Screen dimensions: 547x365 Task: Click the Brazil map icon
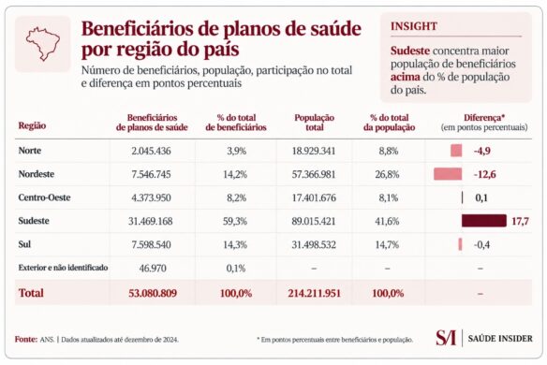pyautogui.click(x=42, y=44)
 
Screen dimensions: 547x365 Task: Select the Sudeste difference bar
pyautogui.click(x=484, y=221)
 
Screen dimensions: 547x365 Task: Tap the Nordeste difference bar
pyautogui.click(x=448, y=174)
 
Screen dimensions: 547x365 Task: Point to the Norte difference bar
pyautogui.click(x=456, y=151)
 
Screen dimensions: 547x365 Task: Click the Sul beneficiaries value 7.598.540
pyautogui.click(x=151, y=244)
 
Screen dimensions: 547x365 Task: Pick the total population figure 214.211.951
pyautogui.click(x=314, y=293)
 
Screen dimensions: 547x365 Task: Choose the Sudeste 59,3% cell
pyautogui.click(x=235, y=221)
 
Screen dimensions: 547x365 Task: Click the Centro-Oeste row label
pyautogui.click(x=44, y=197)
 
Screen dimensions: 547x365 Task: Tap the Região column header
pyautogui.click(x=32, y=125)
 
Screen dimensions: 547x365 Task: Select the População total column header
pyautogui.click(x=315, y=123)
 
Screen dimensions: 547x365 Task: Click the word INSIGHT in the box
pyautogui.click(x=414, y=26)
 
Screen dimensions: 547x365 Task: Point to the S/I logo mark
pyautogui.click(x=446, y=338)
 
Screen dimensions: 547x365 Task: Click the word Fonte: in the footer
pyautogui.click(x=26, y=339)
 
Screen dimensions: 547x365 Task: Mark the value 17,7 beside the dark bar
pyautogui.click(x=520, y=221)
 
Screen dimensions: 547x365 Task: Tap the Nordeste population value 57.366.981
pyautogui.click(x=313, y=174)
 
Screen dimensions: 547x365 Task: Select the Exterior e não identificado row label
pyautogui.click(x=63, y=268)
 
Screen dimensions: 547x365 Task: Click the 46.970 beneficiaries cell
pyautogui.click(x=153, y=268)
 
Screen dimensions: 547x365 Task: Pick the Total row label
pyautogui.click(x=31, y=293)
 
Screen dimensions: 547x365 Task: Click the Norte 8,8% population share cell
pyautogui.click(x=389, y=151)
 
